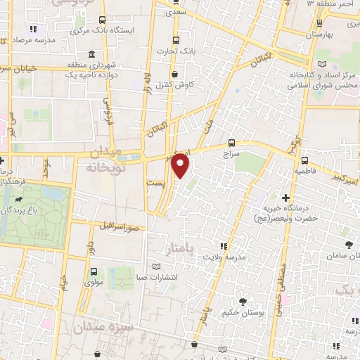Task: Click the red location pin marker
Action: click(x=181, y=165)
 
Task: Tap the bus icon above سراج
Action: click(x=233, y=141)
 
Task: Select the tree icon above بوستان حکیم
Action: click(x=243, y=301)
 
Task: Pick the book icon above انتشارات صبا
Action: click(x=157, y=267)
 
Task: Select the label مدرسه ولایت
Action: click(x=243, y=257)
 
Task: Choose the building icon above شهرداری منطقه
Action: click(x=92, y=55)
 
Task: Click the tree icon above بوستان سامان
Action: click(x=349, y=245)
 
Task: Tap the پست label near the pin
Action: click(x=155, y=182)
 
